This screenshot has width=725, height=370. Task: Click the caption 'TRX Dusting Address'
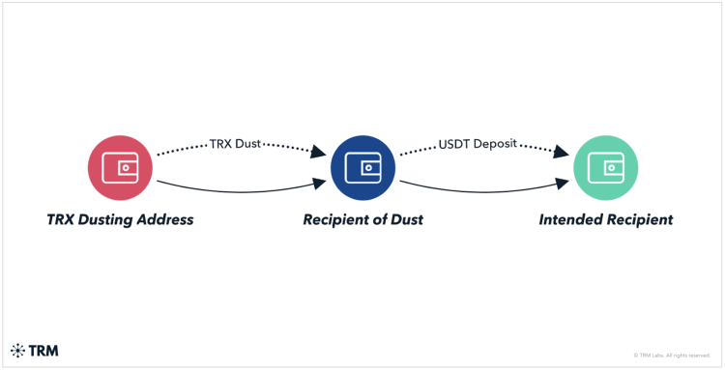pyautogui.click(x=120, y=219)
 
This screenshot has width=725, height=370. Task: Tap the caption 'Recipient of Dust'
pyautogui.click(x=362, y=219)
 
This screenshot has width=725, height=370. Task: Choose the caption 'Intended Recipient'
pyautogui.click(x=605, y=219)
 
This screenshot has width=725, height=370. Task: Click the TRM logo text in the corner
pyautogui.click(x=43, y=351)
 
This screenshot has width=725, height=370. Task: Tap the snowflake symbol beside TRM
pyautogui.click(x=17, y=351)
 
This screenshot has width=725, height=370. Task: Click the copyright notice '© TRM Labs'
pyautogui.click(x=671, y=355)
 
